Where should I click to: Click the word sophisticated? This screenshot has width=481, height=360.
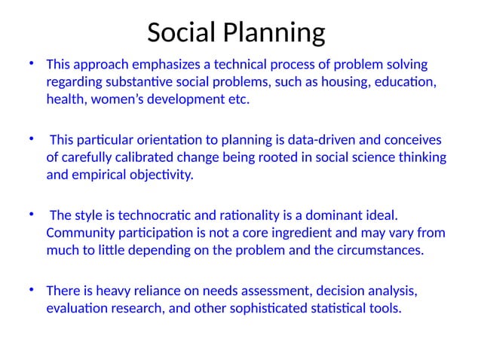(267, 308)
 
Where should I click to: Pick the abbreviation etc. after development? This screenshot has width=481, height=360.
(236, 100)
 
